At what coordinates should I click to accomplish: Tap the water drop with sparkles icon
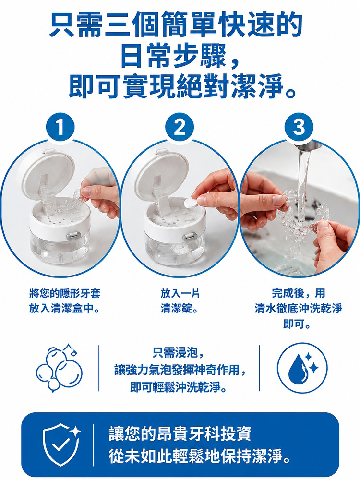[x=302, y=368]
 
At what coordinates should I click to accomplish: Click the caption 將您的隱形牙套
[x=65, y=294]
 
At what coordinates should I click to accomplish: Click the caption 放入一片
[x=180, y=294]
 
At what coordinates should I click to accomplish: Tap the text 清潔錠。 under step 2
[x=180, y=308]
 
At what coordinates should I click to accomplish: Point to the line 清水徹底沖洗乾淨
[x=299, y=308]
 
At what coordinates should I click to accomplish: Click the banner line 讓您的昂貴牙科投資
[x=180, y=434]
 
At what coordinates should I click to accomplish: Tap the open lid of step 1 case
[x=48, y=171]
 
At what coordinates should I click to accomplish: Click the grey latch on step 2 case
[x=189, y=237]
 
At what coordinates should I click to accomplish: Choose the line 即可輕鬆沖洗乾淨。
[x=179, y=387]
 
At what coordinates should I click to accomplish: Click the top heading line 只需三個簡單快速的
[x=176, y=24]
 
